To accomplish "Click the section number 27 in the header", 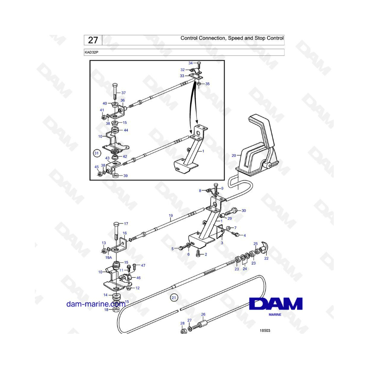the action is click(93, 40).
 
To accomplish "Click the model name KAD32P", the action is click(91, 52).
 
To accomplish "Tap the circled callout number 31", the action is click(96, 153).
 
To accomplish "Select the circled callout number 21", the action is click(174, 298).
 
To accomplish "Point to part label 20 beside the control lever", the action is click(234, 155).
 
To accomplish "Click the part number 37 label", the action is click(123, 93).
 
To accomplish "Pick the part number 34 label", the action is click(191, 63).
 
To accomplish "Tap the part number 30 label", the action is click(244, 211).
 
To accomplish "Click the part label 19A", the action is click(109, 258).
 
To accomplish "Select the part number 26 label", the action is click(203, 314).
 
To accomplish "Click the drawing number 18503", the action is click(265, 330).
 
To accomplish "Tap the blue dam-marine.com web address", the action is click(96, 304).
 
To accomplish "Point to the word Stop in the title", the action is click(260, 38).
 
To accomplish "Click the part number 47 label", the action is click(143, 265).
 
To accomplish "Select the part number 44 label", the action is click(126, 130).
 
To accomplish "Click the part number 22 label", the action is click(266, 258).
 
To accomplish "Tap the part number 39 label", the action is click(125, 175).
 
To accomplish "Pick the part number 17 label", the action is click(126, 223).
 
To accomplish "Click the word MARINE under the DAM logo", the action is click(275, 314).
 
